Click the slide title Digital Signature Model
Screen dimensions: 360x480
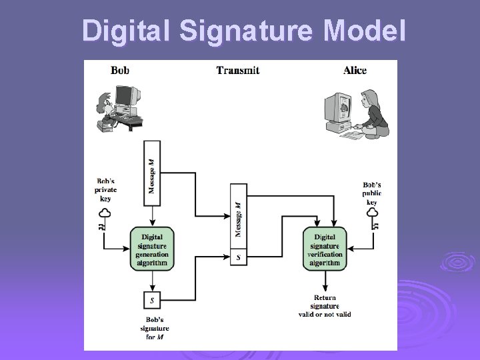point(243,31)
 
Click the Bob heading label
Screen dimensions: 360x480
point(120,69)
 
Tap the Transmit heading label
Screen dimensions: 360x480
point(237,69)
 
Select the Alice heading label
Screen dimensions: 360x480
point(354,69)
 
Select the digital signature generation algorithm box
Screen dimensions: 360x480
point(152,248)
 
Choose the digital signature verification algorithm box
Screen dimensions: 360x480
point(325,248)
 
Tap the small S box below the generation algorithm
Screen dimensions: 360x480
point(152,300)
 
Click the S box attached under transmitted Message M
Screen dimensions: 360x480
point(238,257)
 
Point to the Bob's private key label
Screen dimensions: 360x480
point(105,189)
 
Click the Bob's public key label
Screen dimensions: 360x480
point(372,193)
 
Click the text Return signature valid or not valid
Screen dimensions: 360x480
point(325,306)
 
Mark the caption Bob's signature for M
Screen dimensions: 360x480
point(154,328)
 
